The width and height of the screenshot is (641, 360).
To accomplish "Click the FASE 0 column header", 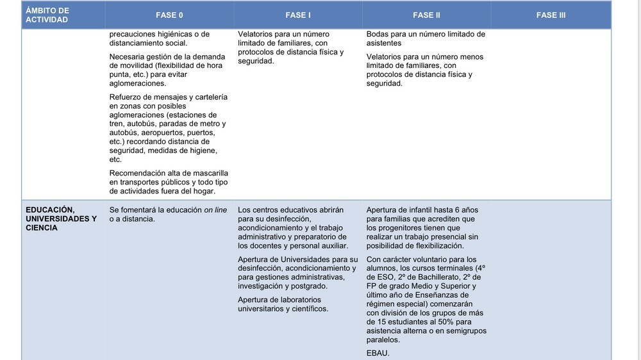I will [x=169, y=15].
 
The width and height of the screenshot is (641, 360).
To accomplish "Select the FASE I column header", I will [x=298, y=15].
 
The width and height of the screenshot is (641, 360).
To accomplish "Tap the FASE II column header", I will [x=426, y=15].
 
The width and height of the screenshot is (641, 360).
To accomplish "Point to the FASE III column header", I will [x=551, y=15].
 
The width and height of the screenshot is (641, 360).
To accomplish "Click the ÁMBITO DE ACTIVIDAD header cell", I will [x=47, y=15].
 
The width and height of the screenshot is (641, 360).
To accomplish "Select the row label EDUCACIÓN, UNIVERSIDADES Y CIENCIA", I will [x=61, y=218].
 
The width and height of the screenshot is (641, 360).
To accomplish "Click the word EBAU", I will [x=378, y=353].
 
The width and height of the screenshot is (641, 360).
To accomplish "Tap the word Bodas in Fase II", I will [x=378, y=34].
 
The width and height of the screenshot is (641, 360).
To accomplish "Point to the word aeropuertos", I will [x=163, y=132].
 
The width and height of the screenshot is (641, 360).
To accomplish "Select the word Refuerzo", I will [x=126, y=97].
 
